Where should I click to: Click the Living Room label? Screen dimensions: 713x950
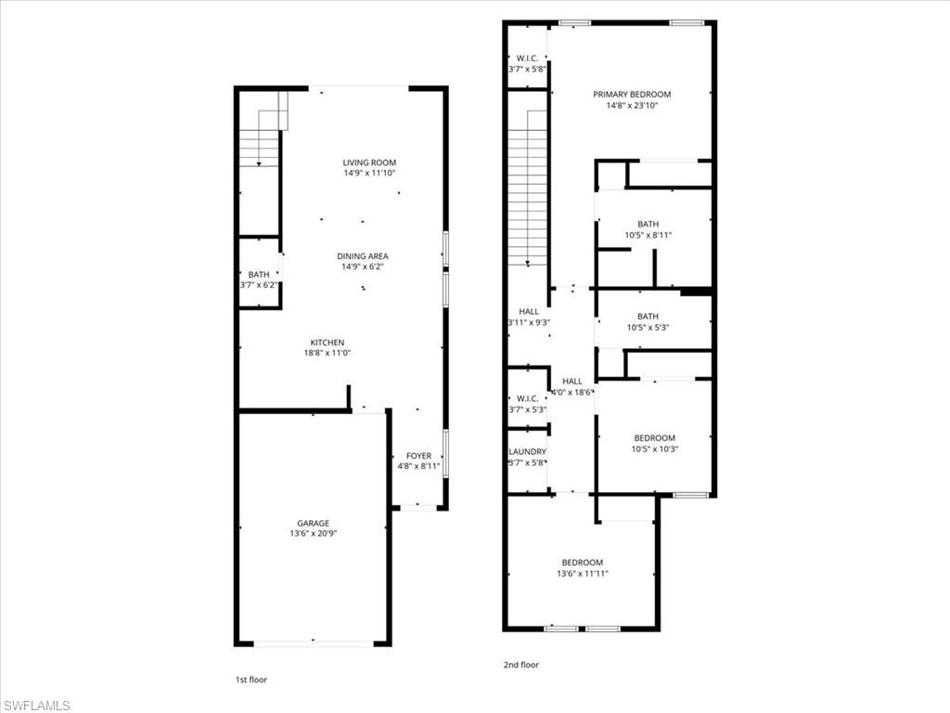pos(369,162)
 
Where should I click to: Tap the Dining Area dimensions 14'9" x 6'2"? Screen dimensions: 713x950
pos(364,267)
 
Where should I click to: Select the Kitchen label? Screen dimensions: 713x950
pos(327,343)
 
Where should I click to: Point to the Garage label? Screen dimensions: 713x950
pos(314,524)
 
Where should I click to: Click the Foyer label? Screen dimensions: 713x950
pos(418,456)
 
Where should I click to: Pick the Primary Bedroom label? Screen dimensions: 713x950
pos(632,95)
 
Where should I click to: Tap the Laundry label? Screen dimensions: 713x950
pos(527,452)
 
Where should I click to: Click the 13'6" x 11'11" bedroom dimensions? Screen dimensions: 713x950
pos(583,574)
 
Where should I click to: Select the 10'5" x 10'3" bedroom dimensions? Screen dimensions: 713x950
pos(654,449)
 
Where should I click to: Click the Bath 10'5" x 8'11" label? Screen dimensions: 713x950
pos(648,224)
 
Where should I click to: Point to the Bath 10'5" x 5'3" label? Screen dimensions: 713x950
pos(648,317)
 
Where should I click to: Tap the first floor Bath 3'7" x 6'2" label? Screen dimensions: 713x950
pos(258,275)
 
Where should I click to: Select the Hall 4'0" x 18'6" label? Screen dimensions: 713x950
pos(572,381)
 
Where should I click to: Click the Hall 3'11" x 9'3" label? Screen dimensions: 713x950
pos(529,312)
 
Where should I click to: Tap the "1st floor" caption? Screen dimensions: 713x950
pos(250,680)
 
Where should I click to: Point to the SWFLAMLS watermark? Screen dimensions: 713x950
pos(37,706)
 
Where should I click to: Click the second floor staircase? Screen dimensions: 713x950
pos(528,187)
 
